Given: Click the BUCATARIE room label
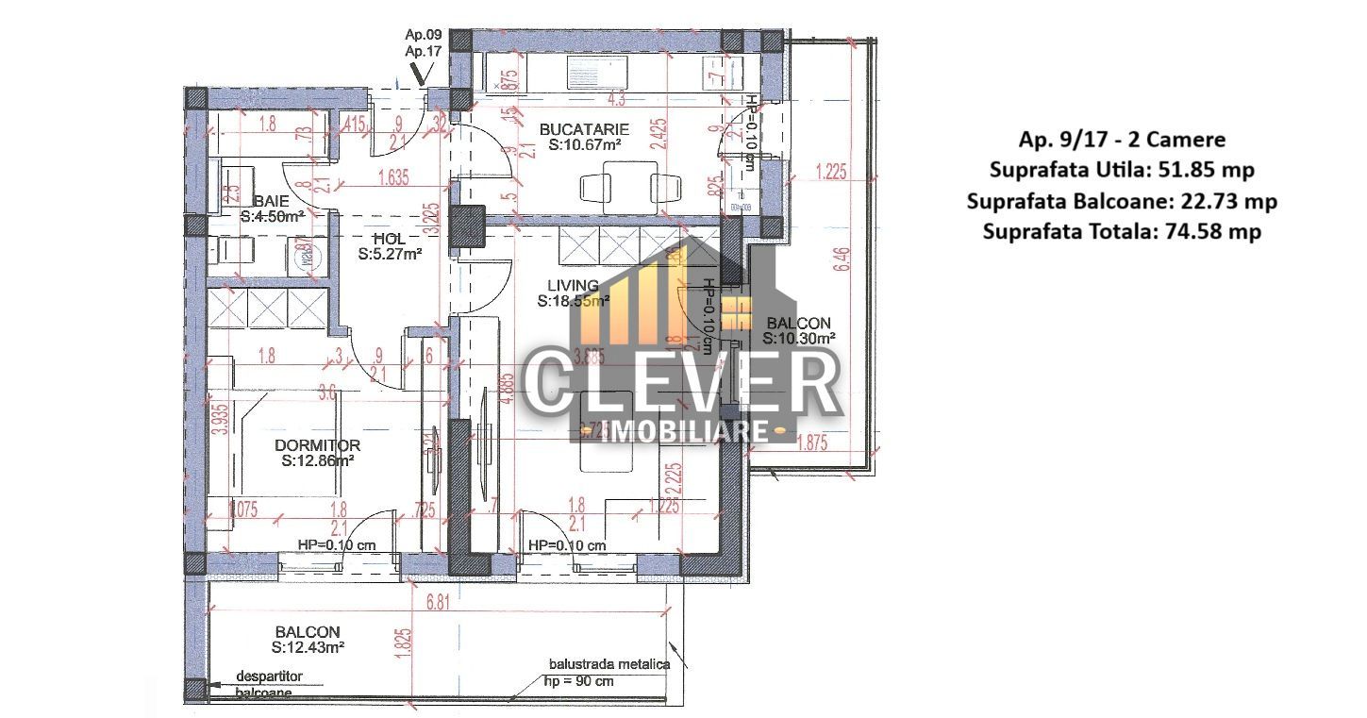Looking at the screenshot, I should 584,128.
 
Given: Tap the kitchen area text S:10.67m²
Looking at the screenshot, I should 584,146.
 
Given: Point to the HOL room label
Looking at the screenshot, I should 388,239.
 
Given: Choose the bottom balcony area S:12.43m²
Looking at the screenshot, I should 308,647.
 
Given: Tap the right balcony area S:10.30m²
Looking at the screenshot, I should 798,338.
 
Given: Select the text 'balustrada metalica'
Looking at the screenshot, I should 608,664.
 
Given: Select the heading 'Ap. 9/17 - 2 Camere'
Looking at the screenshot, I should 1122,140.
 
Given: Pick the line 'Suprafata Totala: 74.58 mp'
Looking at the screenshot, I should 1122,231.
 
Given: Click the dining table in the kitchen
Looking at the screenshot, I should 619,182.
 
